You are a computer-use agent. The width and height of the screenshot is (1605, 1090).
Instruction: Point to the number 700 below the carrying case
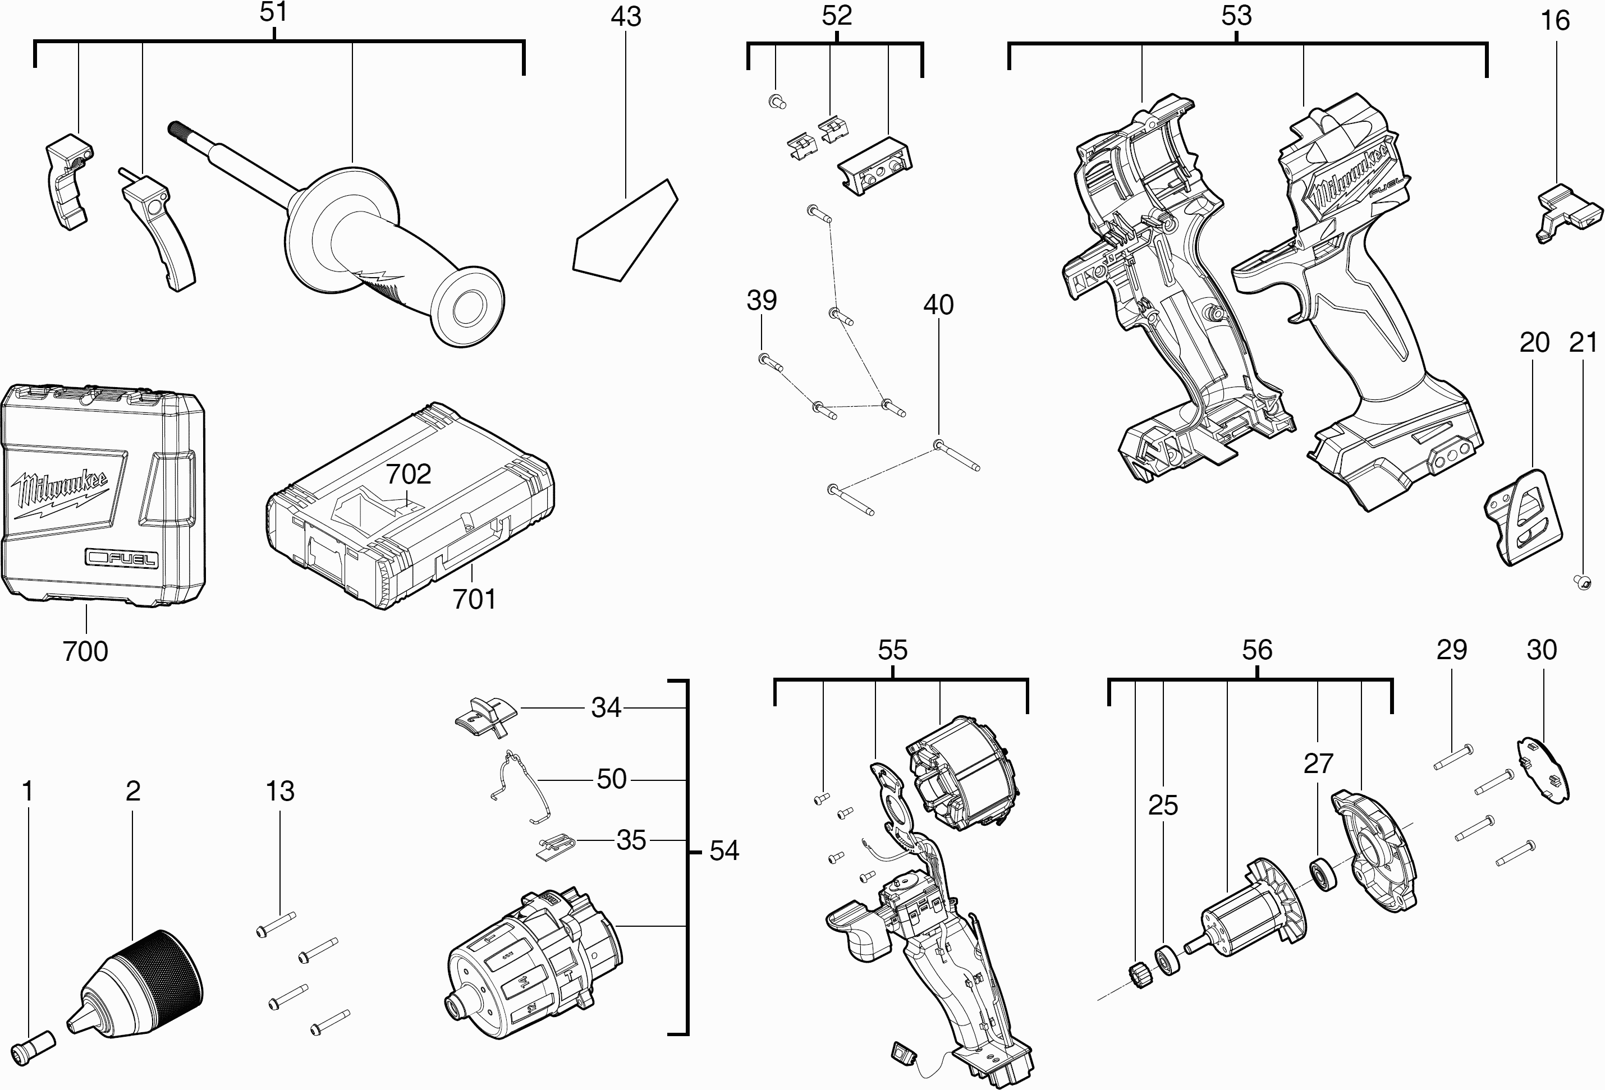pyautogui.click(x=86, y=651)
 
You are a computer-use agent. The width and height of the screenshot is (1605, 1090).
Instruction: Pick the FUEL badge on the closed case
pyautogui.click(x=122, y=558)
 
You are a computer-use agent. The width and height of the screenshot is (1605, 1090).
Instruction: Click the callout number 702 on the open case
pyautogui.click(x=408, y=474)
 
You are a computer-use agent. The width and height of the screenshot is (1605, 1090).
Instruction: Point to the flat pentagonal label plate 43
pyautogui.click(x=625, y=231)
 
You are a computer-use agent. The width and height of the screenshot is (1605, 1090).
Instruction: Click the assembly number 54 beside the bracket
pyautogui.click(x=724, y=850)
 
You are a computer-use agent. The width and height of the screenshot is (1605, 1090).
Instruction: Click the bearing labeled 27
pyautogui.click(x=1323, y=875)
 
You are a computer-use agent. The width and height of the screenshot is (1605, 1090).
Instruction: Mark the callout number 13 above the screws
pyautogui.click(x=279, y=791)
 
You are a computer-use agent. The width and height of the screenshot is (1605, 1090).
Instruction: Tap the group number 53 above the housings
pyautogui.click(x=1236, y=16)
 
